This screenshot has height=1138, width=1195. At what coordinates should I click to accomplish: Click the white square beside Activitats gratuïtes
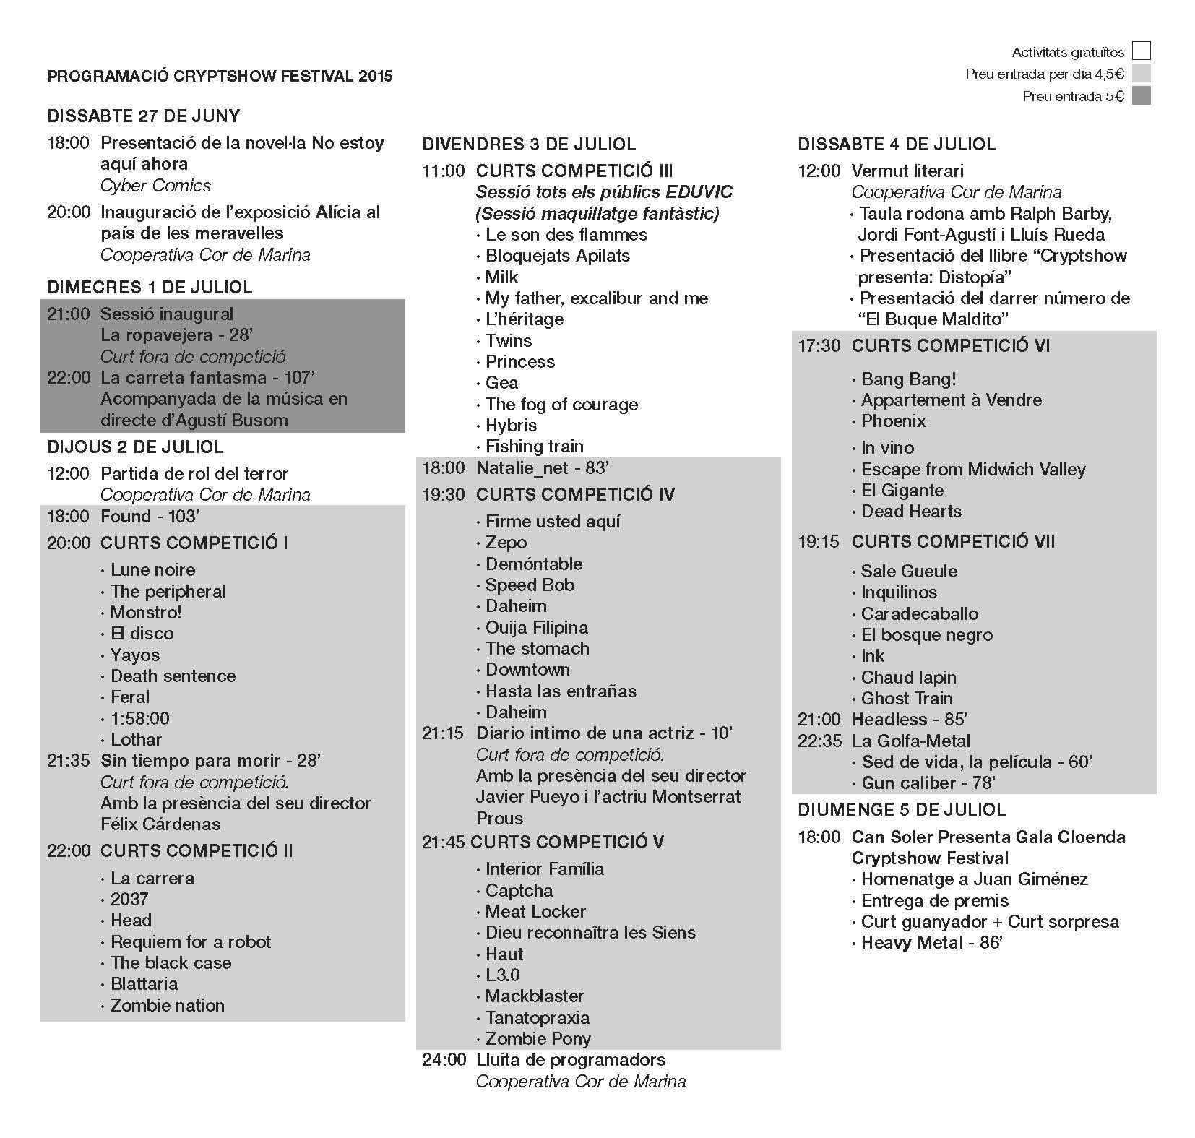1141,51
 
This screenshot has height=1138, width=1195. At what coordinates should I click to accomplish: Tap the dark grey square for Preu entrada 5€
1141,96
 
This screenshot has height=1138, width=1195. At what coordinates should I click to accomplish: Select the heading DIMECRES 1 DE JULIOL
150,287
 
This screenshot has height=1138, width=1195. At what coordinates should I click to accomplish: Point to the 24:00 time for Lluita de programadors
444,1060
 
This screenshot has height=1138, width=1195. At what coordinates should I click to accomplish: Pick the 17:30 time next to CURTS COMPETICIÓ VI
819,346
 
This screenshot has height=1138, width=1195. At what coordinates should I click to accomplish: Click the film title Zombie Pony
538,1038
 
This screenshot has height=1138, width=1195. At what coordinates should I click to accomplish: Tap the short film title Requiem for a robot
191,941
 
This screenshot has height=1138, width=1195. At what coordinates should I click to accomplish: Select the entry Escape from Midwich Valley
972,470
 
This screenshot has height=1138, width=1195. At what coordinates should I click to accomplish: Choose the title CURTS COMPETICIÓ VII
953,541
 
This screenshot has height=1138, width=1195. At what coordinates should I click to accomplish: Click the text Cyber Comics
155,186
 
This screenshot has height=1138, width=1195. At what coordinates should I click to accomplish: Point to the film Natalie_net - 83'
542,468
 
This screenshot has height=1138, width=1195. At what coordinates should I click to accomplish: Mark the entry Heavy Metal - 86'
931,943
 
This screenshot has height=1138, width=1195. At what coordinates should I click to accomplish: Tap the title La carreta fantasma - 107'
207,377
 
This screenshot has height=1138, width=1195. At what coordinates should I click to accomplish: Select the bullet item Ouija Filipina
536,627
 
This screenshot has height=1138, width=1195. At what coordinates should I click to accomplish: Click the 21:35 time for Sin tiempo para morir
69,760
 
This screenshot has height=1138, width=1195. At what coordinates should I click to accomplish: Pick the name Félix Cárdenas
160,824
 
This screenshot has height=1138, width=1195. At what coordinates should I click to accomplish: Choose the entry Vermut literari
907,171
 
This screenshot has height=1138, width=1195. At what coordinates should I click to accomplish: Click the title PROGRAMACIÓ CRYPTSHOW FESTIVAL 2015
220,76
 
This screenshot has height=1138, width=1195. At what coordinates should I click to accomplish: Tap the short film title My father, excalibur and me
596,298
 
